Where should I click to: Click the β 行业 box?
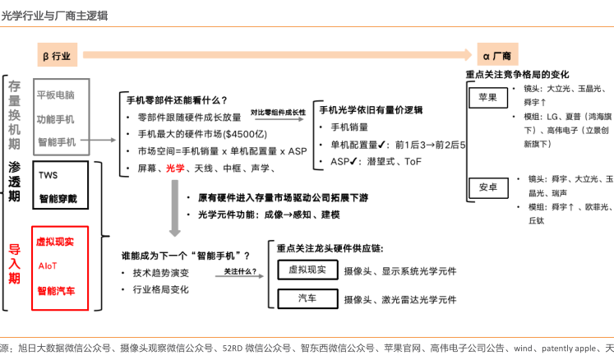(x=57, y=55)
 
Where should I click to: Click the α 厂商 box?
(x=497, y=56)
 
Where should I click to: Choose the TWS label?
(x=48, y=175)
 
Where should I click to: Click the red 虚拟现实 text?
(x=55, y=242)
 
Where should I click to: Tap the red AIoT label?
(x=48, y=266)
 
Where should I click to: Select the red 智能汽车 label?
(x=55, y=291)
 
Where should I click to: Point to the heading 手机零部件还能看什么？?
(x=177, y=100)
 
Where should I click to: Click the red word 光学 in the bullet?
(x=175, y=168)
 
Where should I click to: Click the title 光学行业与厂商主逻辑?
(x=54, y=16)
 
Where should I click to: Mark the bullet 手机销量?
(x=349, y=127)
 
